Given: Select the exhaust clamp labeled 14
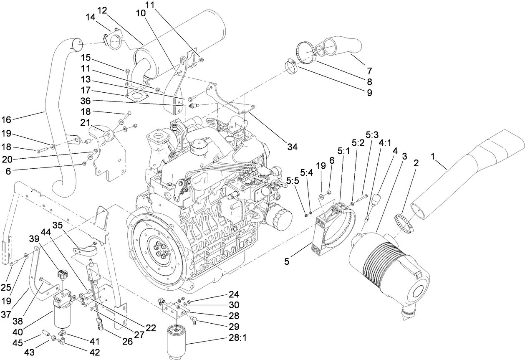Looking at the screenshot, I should (x=113, y=41).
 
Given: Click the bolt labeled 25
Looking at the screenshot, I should (x=13, y=262).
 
